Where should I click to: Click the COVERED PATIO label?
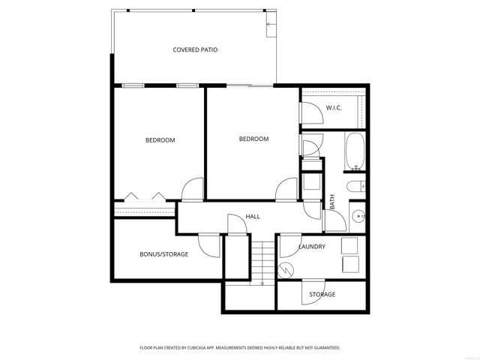pos(195,50)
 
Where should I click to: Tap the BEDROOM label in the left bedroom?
pos(160,140)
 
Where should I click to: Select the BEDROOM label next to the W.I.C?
pos(253,139)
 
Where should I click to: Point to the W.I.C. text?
pos(334,108)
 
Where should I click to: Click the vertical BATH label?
pos(332,202)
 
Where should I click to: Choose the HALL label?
pos(253,217)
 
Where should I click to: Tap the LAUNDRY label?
pos(311,246)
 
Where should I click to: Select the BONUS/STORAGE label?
pos(163,254)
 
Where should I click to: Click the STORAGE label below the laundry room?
pos(322,294)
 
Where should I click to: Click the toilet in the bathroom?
pos(355,185)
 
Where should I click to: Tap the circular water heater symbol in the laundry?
pos(286,270)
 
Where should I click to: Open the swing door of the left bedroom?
pos(192,188)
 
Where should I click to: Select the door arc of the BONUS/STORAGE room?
pos(208,244)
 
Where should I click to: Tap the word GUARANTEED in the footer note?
pos(323,348)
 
